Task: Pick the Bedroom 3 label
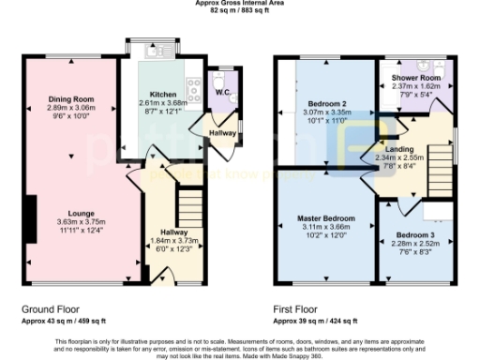point(414,234)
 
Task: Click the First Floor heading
point(296,307)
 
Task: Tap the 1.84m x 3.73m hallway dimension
point(174,240)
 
